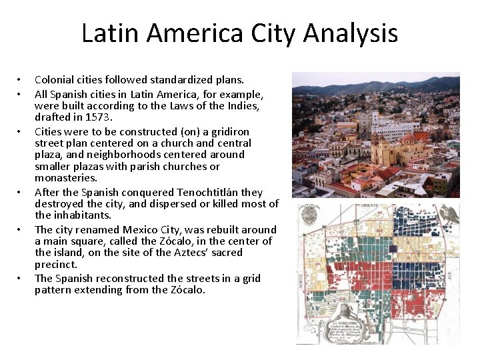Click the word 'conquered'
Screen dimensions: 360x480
coord(131,192)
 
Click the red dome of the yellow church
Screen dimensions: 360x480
coord(407,138)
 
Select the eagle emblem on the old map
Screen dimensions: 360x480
coord(451,215)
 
